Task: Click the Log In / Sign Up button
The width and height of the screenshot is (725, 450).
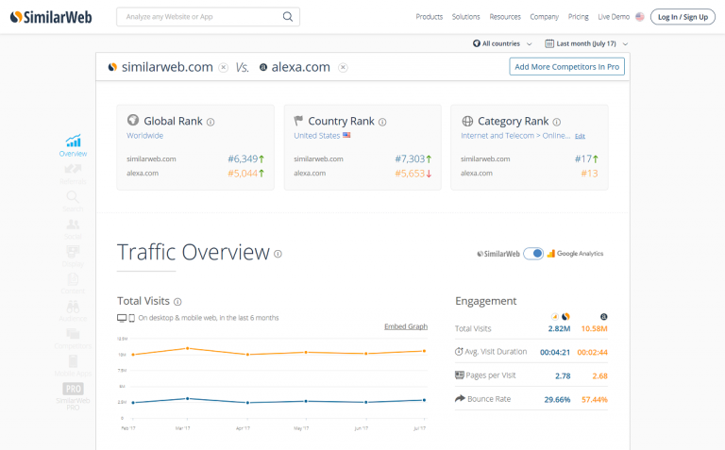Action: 683,17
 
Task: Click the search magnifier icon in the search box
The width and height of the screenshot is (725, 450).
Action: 288,17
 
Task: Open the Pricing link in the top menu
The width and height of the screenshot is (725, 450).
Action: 579,17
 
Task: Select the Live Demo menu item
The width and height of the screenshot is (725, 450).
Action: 614,17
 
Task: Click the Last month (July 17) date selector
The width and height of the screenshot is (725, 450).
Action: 586,44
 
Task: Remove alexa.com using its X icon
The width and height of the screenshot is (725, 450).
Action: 343,67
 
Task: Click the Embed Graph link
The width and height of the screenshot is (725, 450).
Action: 406,326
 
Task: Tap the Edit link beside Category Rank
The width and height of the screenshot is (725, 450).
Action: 581,137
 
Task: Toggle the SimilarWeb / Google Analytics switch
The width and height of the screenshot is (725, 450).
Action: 533,254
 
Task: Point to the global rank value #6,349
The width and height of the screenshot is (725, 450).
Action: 242,159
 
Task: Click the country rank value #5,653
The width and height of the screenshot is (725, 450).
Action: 410,174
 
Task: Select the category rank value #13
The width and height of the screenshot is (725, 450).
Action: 589,174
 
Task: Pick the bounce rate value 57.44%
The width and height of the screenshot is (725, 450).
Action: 594,400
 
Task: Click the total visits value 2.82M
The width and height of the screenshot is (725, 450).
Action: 559,329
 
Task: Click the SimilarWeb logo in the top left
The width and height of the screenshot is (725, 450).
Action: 51,17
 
